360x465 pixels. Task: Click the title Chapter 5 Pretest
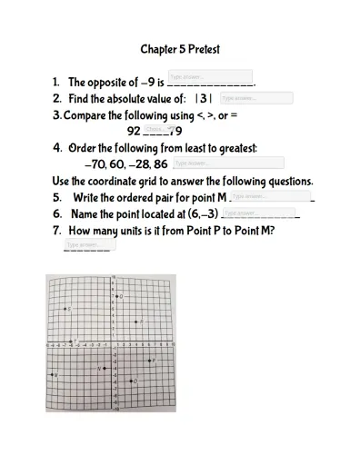point(180,49)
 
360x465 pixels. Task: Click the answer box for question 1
point(210,76)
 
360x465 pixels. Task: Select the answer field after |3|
point(256,98)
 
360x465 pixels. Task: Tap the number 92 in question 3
point(134,131)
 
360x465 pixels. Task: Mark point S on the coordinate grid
point(65,310)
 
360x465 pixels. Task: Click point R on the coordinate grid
point(136,322)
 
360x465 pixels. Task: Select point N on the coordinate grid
point(104,369)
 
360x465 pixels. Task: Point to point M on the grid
point(52,374)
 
